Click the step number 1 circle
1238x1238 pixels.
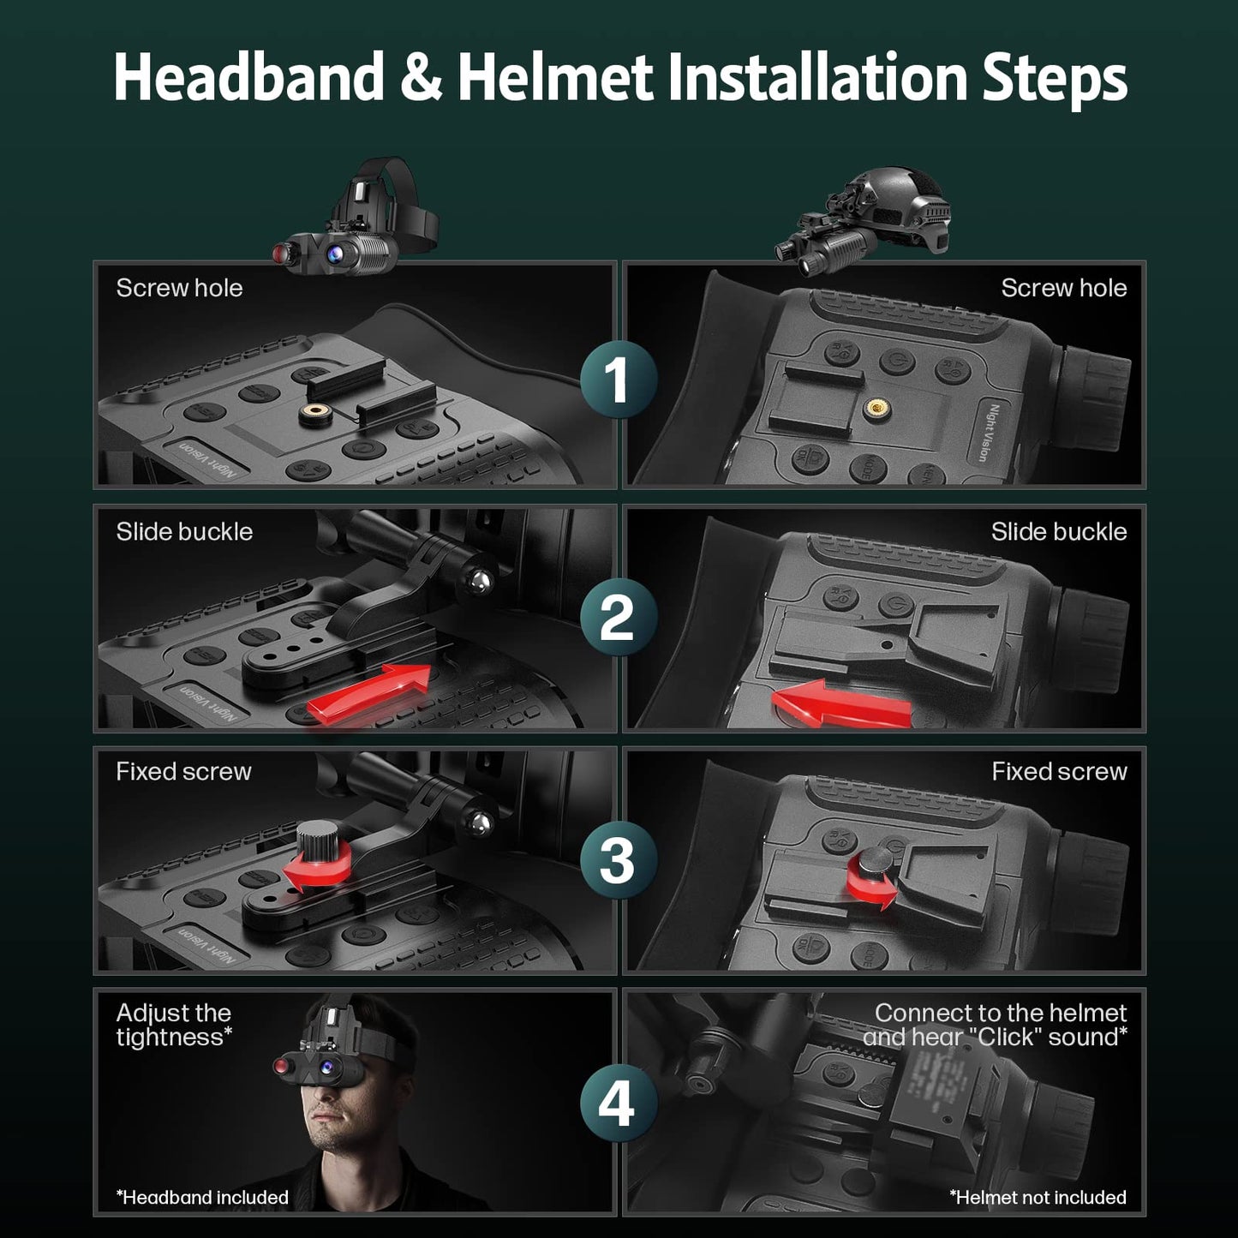[618, 379]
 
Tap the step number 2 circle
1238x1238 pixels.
[618, 617]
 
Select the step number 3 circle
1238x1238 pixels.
[618, 859]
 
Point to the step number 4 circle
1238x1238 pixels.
[618, 1103]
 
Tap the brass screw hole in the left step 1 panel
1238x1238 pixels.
[315, 415]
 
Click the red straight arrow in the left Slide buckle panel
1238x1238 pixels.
[368, 692]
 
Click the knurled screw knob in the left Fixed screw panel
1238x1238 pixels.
[321, 842]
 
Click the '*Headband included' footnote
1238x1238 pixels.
[202, 1197]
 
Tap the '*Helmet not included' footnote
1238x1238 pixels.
[1038, 1197]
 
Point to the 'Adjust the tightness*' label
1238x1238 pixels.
[174, 1025]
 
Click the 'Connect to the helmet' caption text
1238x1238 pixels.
[1000, 1013]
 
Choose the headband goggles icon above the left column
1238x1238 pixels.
[356, 218]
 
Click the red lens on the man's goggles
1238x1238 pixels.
[281, 1066]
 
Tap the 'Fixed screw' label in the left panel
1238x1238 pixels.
[183, 771]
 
